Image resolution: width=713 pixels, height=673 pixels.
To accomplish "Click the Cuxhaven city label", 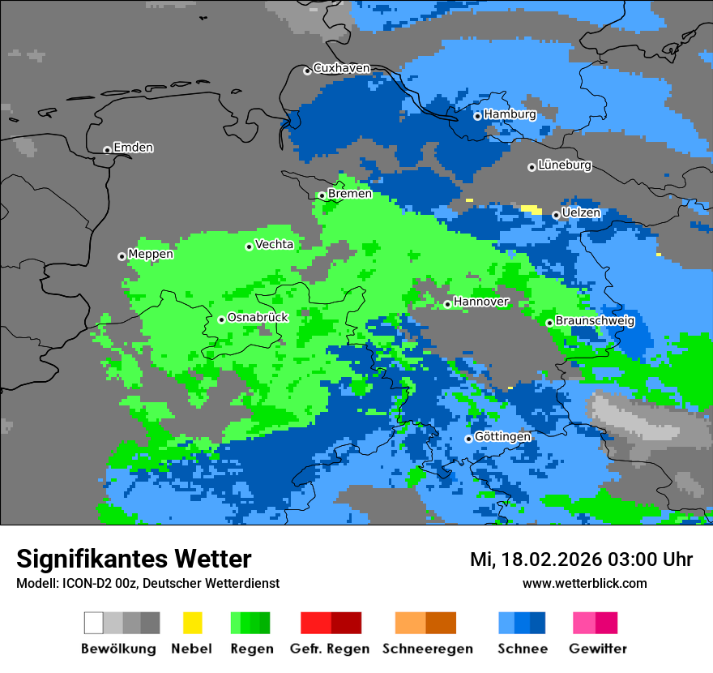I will click(341, 68).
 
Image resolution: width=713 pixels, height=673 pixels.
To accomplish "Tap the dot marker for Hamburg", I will click(478, 116).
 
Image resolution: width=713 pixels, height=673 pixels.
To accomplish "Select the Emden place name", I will click(133, 148).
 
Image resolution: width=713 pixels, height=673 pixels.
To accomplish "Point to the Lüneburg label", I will click(565, 165).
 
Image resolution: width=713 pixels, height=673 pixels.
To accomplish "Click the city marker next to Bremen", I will click(322, 195).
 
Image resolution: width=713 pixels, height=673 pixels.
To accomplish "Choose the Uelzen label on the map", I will click(581, 213).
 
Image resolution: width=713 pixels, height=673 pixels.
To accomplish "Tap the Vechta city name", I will click(274, 244).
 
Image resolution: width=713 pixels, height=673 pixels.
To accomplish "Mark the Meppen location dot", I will click(122, 256).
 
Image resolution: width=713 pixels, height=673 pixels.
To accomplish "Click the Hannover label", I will click(481, 302).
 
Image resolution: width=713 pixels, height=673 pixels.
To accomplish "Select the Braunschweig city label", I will click(595, 321).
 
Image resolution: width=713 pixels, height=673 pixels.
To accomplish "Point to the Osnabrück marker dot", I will click(221, 319).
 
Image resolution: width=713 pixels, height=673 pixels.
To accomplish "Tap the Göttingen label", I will click(502, 437).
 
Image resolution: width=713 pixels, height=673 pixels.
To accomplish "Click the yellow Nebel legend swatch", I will click(192, 623).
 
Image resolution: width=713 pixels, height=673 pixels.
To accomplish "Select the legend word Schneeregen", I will click(427, 649).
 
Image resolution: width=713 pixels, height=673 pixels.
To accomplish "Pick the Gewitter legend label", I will click(598, 649).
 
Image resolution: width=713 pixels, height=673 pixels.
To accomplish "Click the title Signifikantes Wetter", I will click(134, 559).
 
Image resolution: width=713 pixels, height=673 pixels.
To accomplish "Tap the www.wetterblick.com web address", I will click(584, 583).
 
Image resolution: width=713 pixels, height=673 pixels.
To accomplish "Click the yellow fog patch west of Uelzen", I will click(532, 209).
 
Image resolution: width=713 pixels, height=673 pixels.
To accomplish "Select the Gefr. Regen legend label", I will click(330, 649).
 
